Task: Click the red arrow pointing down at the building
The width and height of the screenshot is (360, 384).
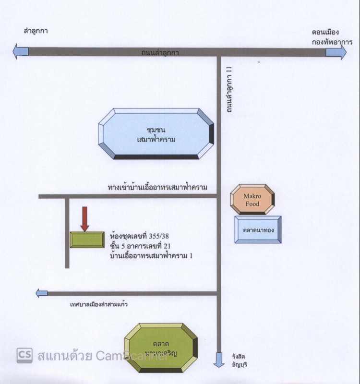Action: [x=85, y=219]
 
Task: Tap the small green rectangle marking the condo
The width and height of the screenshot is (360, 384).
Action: [x=87, y=240]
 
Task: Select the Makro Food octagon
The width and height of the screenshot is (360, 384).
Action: [x=252, y=200]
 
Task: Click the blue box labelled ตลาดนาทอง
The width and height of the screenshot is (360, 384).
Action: [x=258, y=229]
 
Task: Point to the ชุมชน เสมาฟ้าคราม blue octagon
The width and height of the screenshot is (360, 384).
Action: [x=156, y=134]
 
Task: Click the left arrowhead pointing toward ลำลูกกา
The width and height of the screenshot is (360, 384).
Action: [x=21, y=51]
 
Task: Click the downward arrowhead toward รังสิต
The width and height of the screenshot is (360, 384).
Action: [x=219, y=360]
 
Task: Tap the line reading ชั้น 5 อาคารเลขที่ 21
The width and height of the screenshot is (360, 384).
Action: [x=141, y=247]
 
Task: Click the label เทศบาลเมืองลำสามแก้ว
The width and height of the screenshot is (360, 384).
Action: [x=98, y=304]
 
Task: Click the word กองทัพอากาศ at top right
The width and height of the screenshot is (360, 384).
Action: [x=325, y=42]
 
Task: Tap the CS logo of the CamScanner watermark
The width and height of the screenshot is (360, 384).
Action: [x=24, y=355]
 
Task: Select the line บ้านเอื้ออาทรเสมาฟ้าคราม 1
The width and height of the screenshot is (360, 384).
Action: [x=151, y=256]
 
